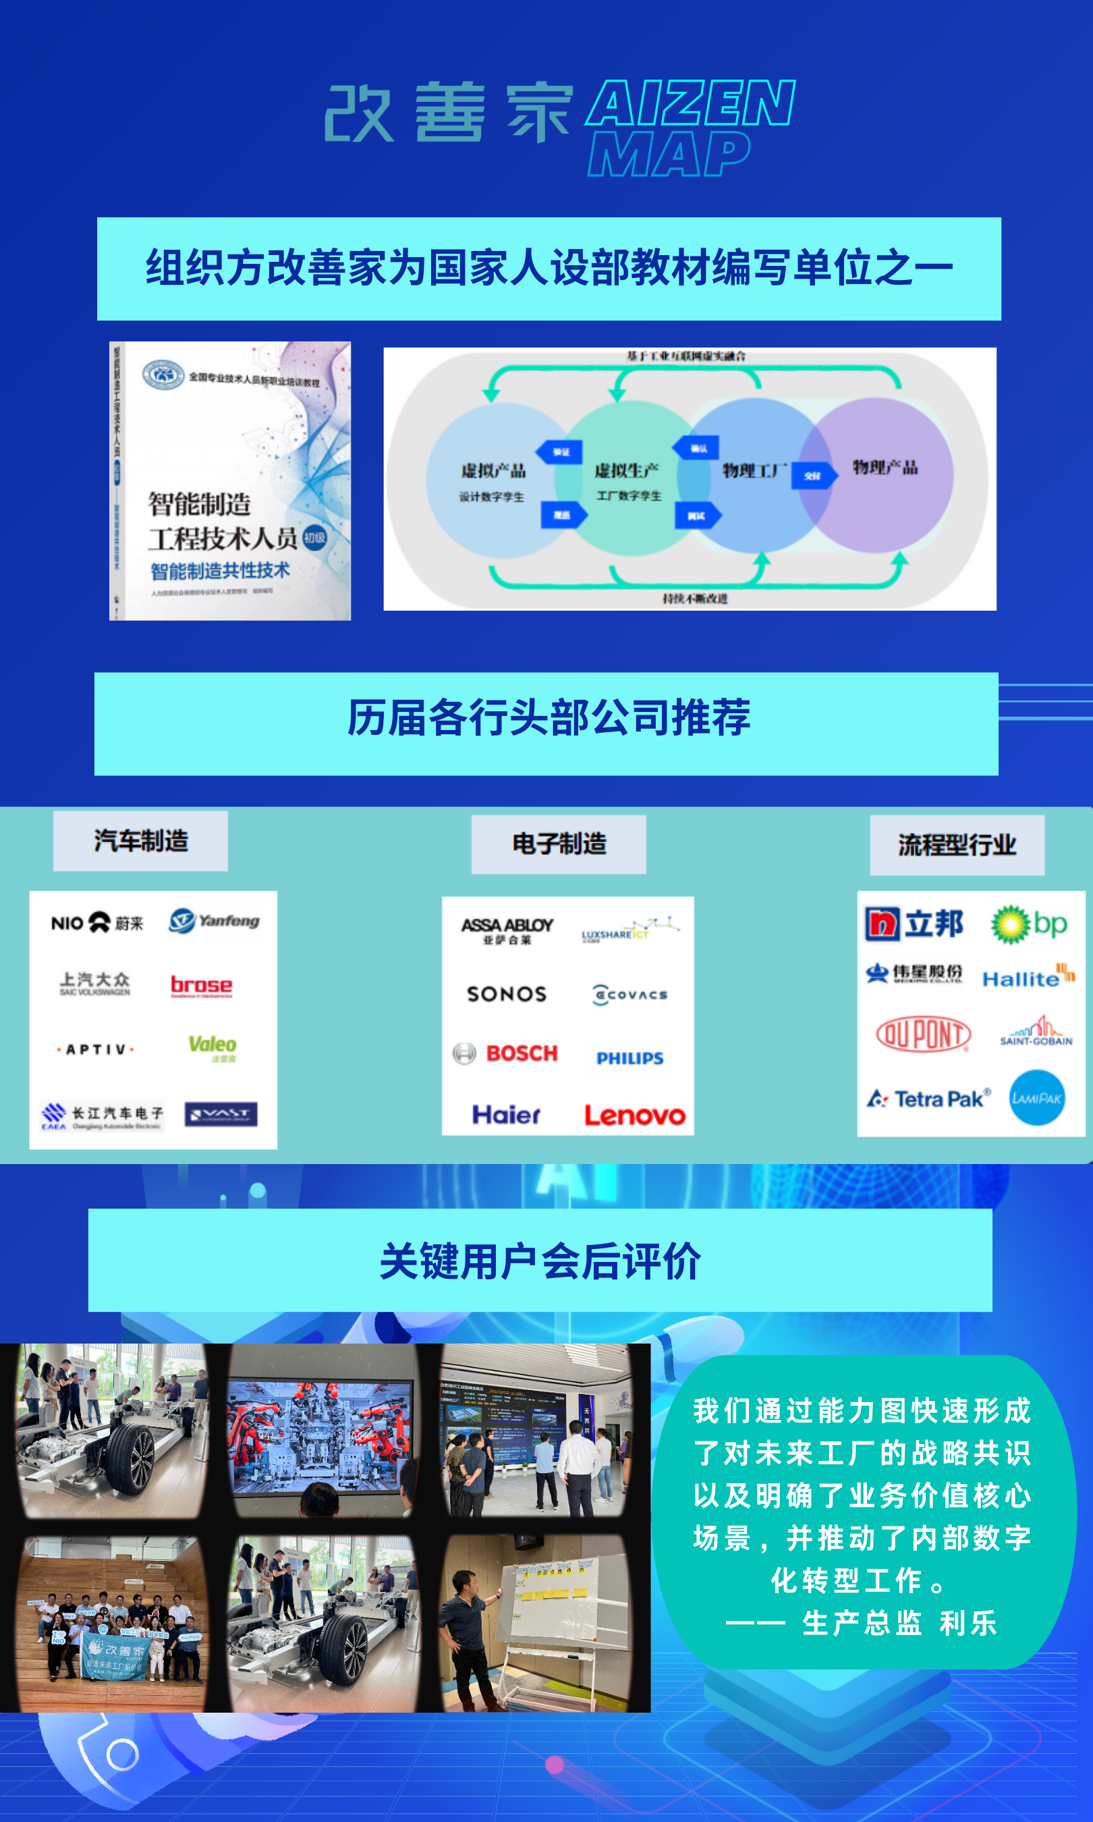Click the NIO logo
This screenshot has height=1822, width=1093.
96,922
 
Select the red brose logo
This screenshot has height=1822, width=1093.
201,985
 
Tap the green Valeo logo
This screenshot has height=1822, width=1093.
212,1047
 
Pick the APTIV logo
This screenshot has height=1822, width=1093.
96,1049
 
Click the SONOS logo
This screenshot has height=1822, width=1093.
507,994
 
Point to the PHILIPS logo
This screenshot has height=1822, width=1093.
629,1058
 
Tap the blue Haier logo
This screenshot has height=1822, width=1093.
506,1114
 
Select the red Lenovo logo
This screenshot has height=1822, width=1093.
634,1115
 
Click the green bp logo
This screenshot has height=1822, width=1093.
1029,924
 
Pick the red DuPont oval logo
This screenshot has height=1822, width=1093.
923,1034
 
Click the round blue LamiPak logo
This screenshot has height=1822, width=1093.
1036,1098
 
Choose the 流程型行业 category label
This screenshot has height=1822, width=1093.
957,845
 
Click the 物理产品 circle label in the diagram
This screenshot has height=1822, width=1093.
885,468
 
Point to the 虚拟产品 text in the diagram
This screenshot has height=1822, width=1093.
493,470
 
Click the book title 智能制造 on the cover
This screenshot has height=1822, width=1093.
200,505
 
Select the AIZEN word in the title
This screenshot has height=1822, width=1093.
690,104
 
